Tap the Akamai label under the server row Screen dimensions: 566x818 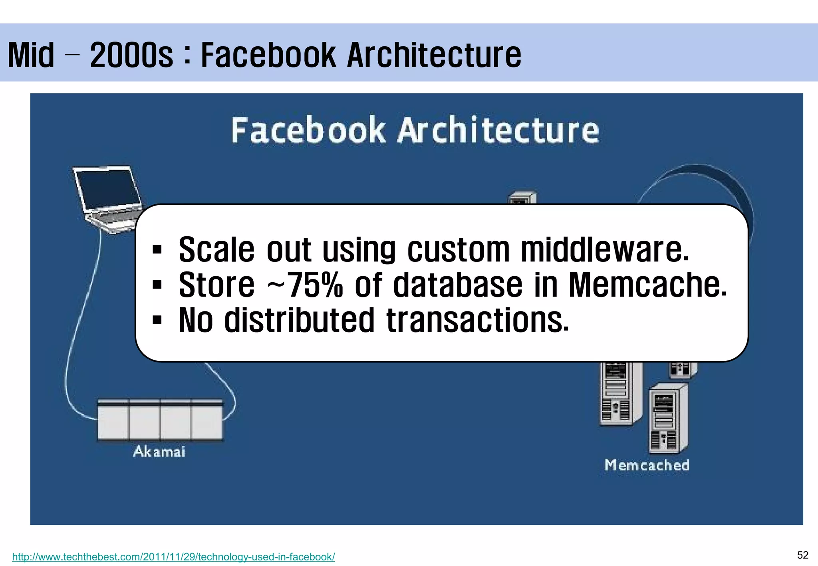tap(159, 451)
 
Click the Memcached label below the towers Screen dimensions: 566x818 tap(647, 465)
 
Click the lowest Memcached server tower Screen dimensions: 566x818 tap(668, 419)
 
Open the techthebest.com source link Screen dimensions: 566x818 tap(173, 556)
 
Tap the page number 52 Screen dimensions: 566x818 tap(802, 555)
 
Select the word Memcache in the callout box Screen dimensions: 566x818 tap(647, 285)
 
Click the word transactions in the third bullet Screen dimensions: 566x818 tap(477, 320)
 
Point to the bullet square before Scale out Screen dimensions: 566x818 tap(157, 251)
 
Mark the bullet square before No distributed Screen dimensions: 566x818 tap(157, 320)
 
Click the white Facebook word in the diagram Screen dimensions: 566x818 tap(308, 131)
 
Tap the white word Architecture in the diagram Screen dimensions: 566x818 tap(498, 131)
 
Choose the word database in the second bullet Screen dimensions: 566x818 tap(458, 285)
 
